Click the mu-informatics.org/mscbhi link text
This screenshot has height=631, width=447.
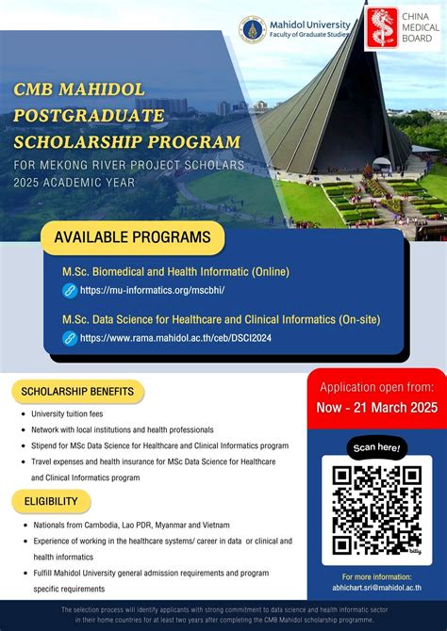152,291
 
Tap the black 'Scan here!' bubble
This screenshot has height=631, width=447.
376,447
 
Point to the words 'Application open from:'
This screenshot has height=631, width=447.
376,386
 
